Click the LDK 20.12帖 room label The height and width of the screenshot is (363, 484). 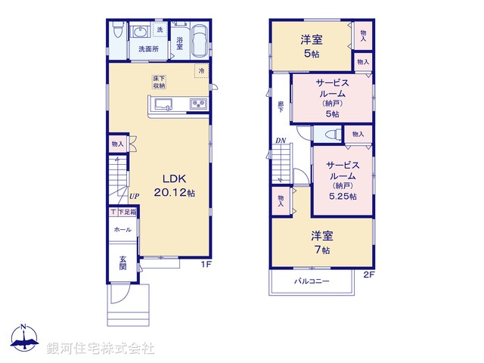coord(175,186)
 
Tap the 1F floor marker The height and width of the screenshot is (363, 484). coord(205,264)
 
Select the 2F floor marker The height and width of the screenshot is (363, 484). coord(368,274)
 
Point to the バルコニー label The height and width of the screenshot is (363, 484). coord(312,281)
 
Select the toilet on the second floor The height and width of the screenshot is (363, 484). coord(330,134)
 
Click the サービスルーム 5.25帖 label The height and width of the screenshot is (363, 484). coord(343,180)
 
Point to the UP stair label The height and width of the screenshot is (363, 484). coord(133,197)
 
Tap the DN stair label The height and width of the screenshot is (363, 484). coord(280,141)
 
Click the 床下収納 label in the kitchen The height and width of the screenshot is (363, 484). coord(159,82)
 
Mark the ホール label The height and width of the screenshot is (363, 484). coord(123,229)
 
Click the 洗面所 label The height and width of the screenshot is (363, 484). coord(148,49)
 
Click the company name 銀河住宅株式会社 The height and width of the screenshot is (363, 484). coord(101,348)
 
